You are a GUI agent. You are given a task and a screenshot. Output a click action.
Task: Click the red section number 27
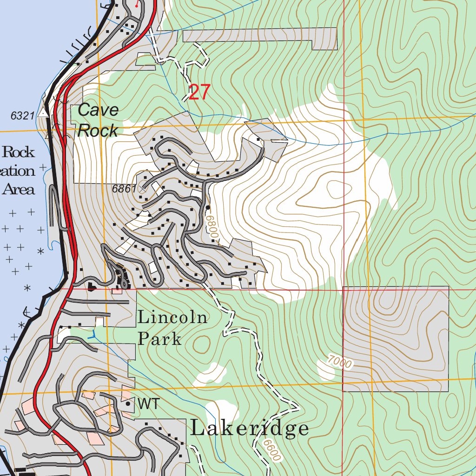200,93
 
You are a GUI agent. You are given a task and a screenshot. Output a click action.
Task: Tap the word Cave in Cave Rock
98,110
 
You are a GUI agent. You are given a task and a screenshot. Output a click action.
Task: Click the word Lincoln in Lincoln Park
172,318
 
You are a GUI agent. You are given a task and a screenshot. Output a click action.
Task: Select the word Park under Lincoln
159,339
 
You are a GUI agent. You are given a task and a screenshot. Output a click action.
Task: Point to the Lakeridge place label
249,429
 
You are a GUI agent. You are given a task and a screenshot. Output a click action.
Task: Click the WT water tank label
148,404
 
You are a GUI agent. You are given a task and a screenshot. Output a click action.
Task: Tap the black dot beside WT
128,404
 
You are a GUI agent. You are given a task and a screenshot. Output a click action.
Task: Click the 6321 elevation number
23,115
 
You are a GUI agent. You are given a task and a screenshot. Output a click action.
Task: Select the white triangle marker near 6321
44,113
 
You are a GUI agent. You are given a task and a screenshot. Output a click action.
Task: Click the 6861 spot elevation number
124,189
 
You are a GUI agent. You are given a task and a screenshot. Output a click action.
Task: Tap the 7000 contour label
339,362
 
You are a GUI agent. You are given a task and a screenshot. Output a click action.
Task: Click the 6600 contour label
272,450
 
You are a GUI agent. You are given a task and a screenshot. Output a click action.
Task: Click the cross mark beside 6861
142,189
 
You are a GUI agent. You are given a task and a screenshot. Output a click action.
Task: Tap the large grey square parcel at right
396,338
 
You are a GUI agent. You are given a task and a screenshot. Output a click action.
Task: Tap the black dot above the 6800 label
208,207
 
